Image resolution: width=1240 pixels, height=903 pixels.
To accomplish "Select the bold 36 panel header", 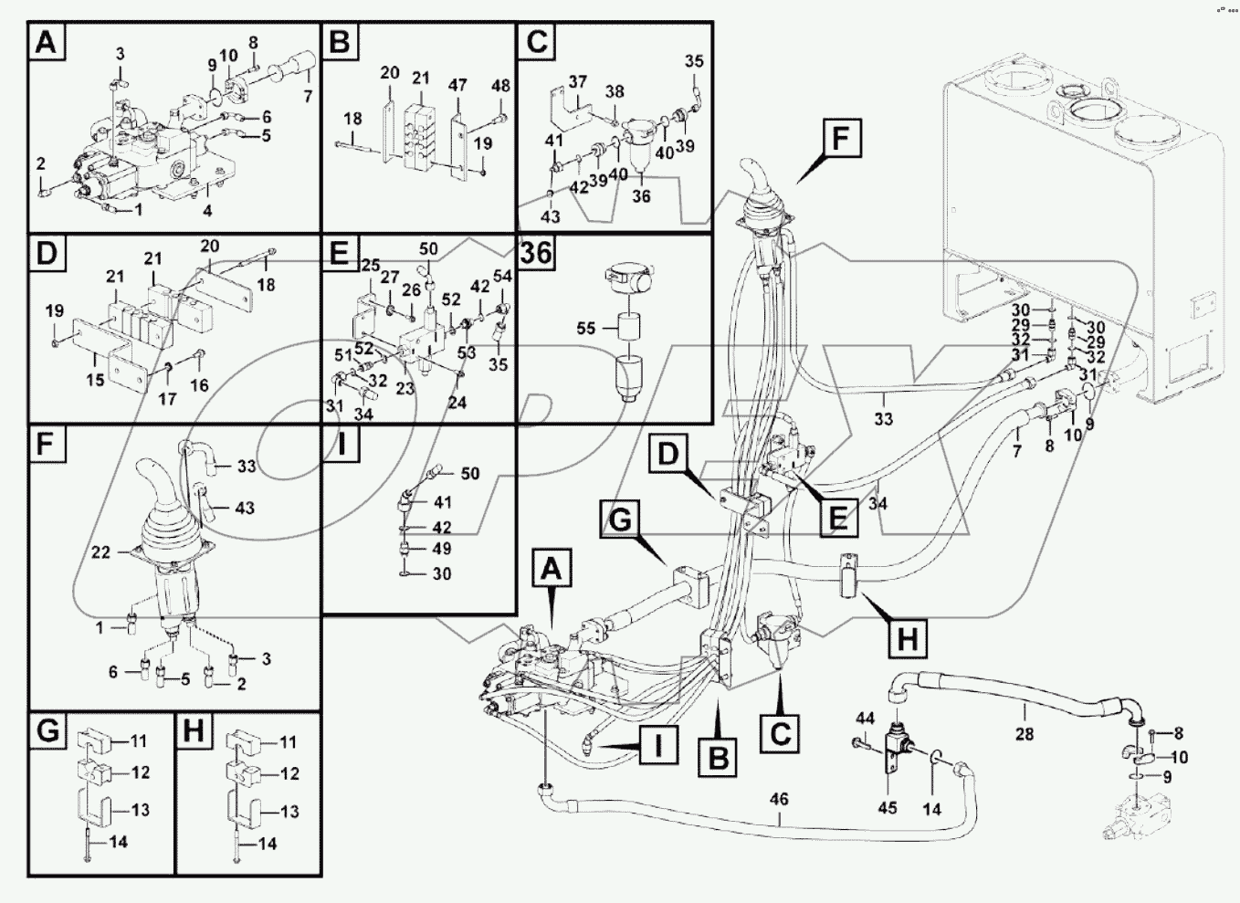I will (536, 253).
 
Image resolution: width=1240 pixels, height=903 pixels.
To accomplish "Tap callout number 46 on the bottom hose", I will (778, 799).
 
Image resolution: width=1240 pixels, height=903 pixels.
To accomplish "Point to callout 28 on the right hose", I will (1025, 733).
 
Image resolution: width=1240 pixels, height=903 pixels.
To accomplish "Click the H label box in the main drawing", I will (908, 637).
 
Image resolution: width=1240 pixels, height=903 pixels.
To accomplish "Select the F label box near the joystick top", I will (840, 140).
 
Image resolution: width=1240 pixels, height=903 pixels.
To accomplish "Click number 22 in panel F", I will (101, 551).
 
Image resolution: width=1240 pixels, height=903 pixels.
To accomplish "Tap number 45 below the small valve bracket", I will (887, 807).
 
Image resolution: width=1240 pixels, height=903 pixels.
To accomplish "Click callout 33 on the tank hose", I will (883, 419).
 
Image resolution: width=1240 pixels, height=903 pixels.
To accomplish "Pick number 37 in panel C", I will (577, 82).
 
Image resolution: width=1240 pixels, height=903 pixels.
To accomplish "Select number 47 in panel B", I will (457, 85).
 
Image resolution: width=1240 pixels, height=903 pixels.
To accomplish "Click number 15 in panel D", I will (95, 380).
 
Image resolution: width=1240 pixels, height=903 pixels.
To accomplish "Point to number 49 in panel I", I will (443, 549).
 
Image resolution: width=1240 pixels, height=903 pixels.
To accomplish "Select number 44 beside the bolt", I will (865, 719).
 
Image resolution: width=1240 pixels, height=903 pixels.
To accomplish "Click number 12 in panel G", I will (140, 772).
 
